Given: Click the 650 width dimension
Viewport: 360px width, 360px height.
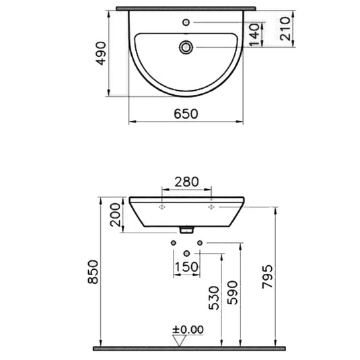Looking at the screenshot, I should (186, 114).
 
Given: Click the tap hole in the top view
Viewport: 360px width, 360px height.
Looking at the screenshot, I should (186, 22).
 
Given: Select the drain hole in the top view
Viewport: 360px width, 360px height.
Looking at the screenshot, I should (186, 46).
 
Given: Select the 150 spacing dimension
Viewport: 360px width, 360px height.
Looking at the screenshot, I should (186, 266).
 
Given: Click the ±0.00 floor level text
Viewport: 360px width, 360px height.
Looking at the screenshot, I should (188, 330).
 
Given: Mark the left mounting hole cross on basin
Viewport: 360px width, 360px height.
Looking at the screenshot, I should (160, 208).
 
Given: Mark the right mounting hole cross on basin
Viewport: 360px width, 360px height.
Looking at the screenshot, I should (211, 208).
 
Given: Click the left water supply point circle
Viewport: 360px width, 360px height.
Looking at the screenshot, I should (174, 242).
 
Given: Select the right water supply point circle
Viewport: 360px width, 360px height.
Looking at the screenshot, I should (199, 242).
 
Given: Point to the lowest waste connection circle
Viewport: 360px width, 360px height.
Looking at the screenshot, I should (186, 253).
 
